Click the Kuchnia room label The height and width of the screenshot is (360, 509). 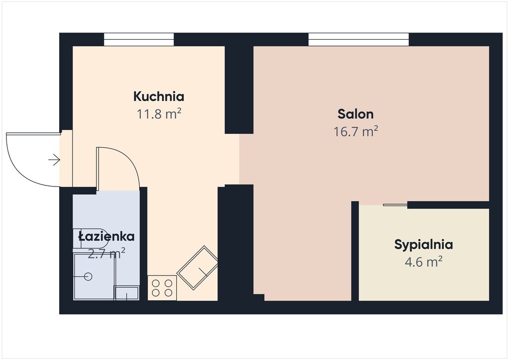(x=159, y=96)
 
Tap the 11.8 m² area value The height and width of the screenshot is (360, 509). (x=159, y=114)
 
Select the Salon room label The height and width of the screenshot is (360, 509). (x=355, y=114)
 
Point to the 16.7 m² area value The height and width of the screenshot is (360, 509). (x=356, y=131)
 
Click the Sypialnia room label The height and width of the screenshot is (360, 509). (x=424, y=245)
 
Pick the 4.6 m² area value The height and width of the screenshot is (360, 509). (x=424, y=262)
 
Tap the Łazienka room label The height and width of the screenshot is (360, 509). (x=106, y=236)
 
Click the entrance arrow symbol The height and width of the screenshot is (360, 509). (x=54, y=160)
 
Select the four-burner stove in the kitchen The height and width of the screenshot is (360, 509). (x=162, y=288)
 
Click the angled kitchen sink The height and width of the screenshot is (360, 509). (x=197, y=268)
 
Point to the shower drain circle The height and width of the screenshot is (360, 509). (x=88, y=276)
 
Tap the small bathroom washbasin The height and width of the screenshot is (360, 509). (x=127, y=293)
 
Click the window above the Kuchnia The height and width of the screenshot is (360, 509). (x=139, y=40)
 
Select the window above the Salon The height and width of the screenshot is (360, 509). (x=358, y=40)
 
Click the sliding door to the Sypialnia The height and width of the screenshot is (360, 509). (x=395, y=205)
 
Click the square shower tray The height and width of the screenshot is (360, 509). (x=94, y=276)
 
